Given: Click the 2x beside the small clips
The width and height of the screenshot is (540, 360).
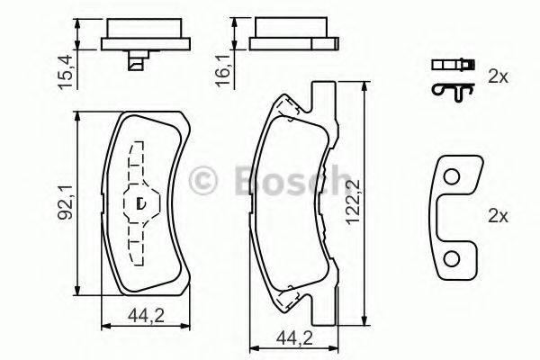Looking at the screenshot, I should pyautogui.click(x=497, y=77).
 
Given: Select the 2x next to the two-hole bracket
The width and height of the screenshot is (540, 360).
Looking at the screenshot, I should pyautogui.click(x=497, y=216).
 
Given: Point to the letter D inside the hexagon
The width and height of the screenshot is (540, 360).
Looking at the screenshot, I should pyautogui.click(x=139, y=203).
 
